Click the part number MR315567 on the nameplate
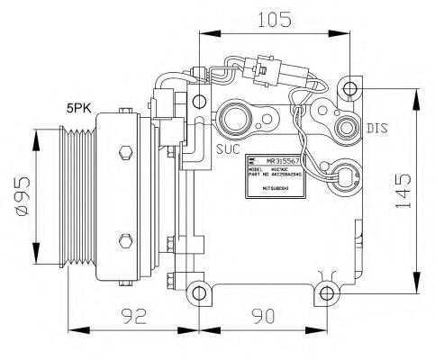279,159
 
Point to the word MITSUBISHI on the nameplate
276,190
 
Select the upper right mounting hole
349,89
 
